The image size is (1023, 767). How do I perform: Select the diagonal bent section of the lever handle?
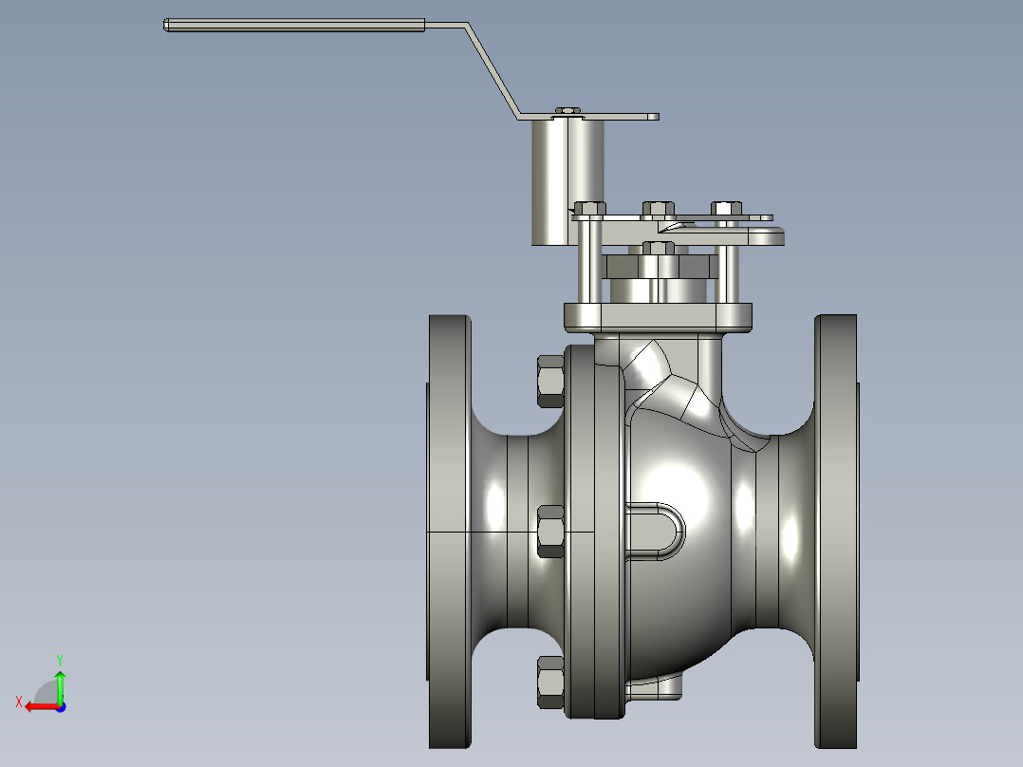pos(493,71)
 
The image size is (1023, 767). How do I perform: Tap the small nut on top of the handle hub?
pos(567,111)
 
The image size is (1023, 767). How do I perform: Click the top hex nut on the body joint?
pos(549,381)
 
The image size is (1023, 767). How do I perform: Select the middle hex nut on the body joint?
pos(550,531)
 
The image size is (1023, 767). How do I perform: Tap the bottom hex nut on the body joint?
pos(549,682)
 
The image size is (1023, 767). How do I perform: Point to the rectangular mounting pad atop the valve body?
pos(658,317)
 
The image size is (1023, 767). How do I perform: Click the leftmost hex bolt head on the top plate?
pos(589,208)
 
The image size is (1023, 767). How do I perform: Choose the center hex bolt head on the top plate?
pos(657,208)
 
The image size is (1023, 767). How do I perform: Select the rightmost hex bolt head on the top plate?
pos(726,208)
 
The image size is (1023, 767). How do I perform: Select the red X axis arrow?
pos(38,706)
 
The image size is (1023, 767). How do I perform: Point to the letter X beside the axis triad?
pos(18,702)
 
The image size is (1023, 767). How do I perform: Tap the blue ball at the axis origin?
pos(60,706)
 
